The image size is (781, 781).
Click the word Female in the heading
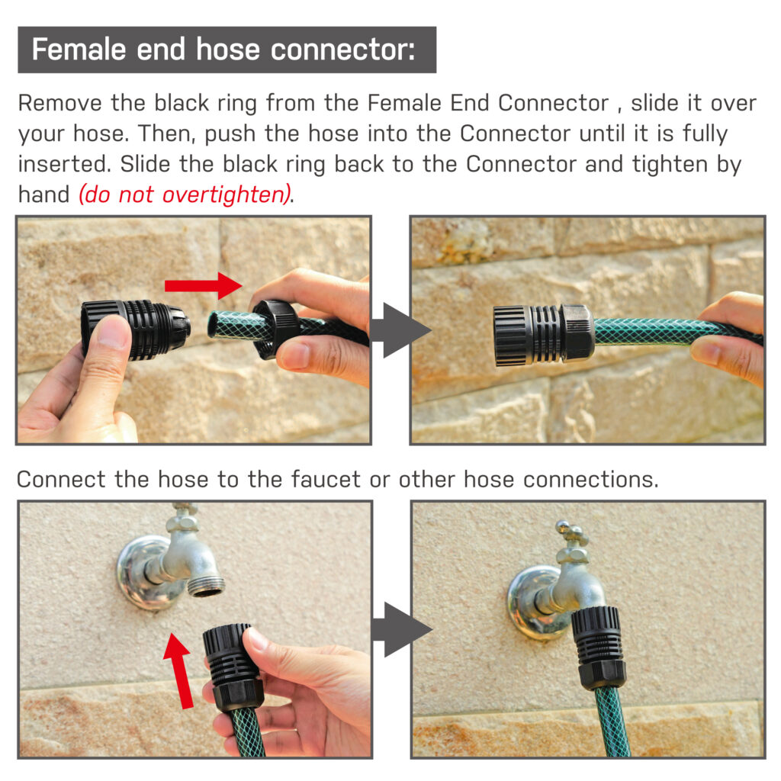(x=79, y=50)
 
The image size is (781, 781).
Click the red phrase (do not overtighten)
(x=185, y=194)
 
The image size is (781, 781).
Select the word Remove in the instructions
(x=59, y=103)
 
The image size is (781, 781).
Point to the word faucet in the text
(x=325, y=479)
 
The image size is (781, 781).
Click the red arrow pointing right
(x=203, y=285)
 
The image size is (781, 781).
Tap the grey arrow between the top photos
(x=400, y=330)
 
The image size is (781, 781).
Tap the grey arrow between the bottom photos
(x=401, y=629)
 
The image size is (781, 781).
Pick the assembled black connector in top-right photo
(x=543, y=336)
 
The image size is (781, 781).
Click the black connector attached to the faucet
(x=598, y=647)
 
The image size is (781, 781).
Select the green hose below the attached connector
(x=611, y=722)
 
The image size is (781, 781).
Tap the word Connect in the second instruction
(x=61, y=479)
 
